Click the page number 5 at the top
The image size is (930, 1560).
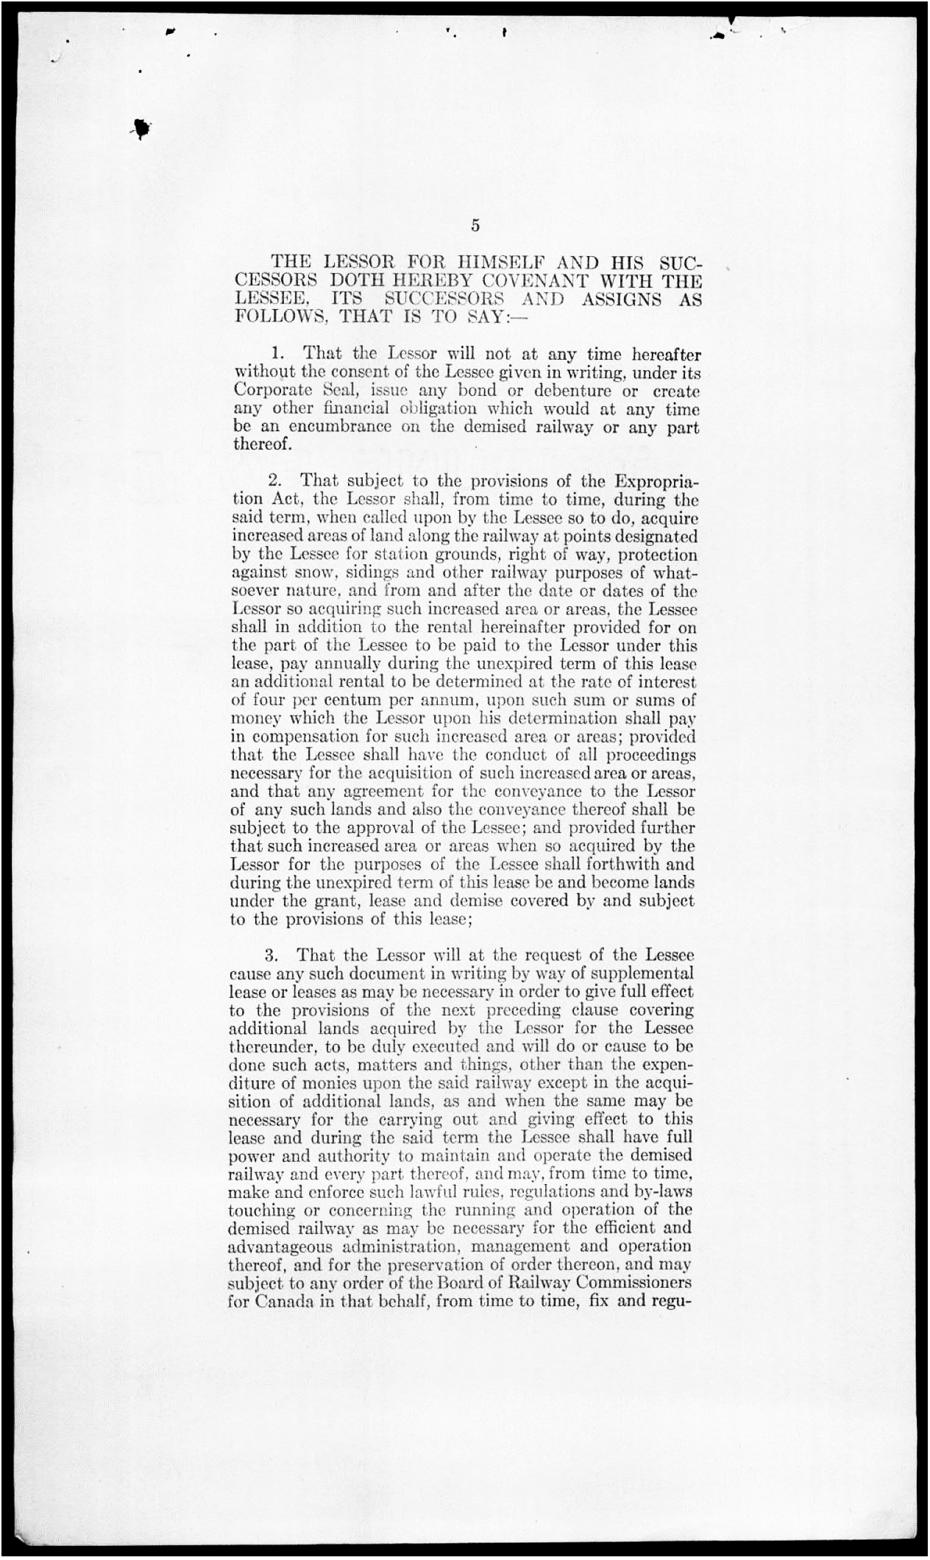[475, 226]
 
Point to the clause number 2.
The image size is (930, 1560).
[276, 482]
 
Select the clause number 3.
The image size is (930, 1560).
[271, 956]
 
